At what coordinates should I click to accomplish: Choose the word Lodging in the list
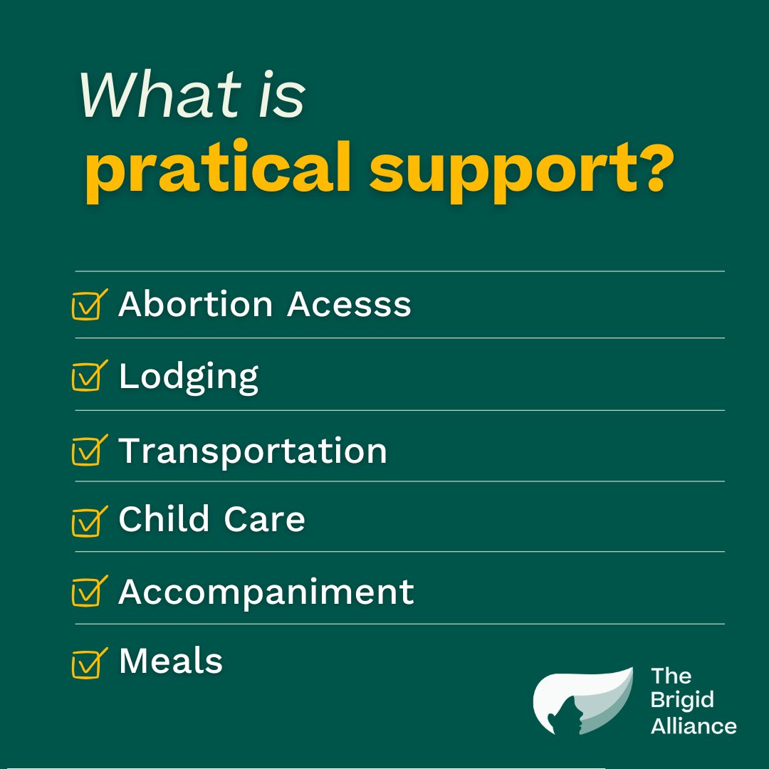pyautogui.click(x=189, y=377)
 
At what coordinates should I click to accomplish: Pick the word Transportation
pyautogui.click(x=253, y=451)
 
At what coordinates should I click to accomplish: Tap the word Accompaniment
pyautogui.click(x=266, y=592)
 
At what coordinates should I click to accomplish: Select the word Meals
pyautogui.click(x=171, y=661)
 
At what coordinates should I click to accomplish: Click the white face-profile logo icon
pyautogui.click(x=582, y=702)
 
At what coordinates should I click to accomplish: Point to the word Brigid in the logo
pyautogui.click(x=681, y=701)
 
